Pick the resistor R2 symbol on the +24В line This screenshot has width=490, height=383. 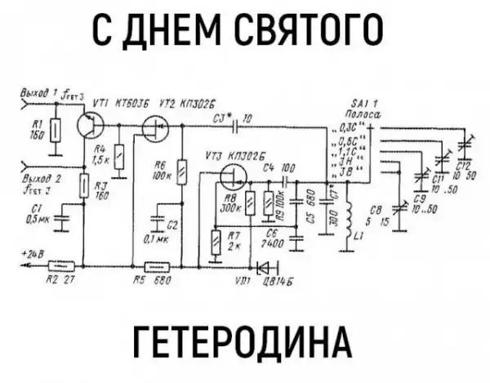point(62,265)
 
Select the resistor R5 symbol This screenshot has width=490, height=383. point(154,265)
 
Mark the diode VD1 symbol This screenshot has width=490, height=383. point(262,266)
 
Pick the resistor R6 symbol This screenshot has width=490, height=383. point(182,174)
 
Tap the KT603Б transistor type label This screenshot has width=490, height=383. point(132,104)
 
